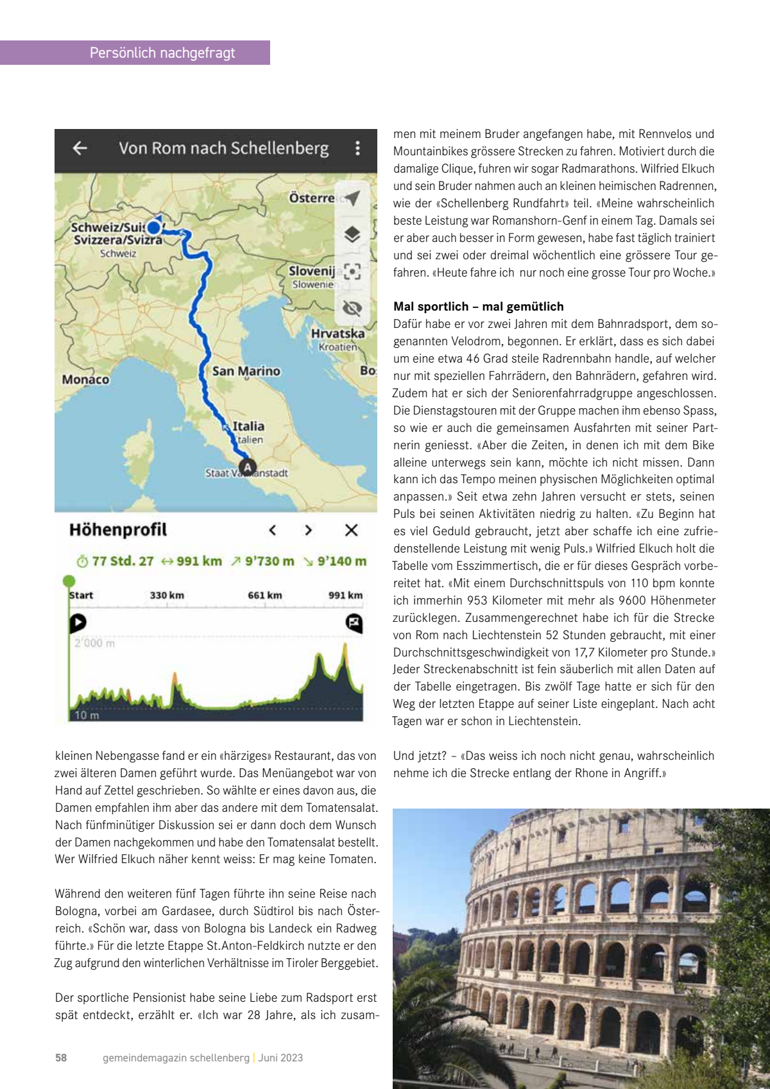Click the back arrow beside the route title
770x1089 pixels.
click(x=80, y=148)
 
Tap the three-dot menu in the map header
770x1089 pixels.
click(x=357, y=148)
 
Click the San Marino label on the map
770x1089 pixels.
click(x=246, y=371)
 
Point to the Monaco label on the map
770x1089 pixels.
click(x=85, y=379)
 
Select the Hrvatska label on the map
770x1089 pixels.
click(x=338, y=333)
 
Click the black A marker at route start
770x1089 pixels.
click(x=247, y=468)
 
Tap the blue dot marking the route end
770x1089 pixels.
click(x=153, y=227)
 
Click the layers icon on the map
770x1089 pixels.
click(x=352, y=234)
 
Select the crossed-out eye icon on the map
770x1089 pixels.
click(x=352, y=308)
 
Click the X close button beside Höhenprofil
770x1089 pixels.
click(x=351, y=530)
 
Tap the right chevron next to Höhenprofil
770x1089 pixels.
click(x=309, y=530)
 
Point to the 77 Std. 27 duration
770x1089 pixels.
click(x=122, y=561)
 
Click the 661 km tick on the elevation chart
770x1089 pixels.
click(x=265, y=595)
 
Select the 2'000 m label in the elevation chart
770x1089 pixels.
click(x=94, y=643)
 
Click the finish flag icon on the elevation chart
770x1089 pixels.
click(x=354, y=622)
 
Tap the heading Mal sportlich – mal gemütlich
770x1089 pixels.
click(x=478, y=306)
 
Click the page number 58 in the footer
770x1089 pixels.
click(x=61, y=1058)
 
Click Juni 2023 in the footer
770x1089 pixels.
click(x=280, y=1058)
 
